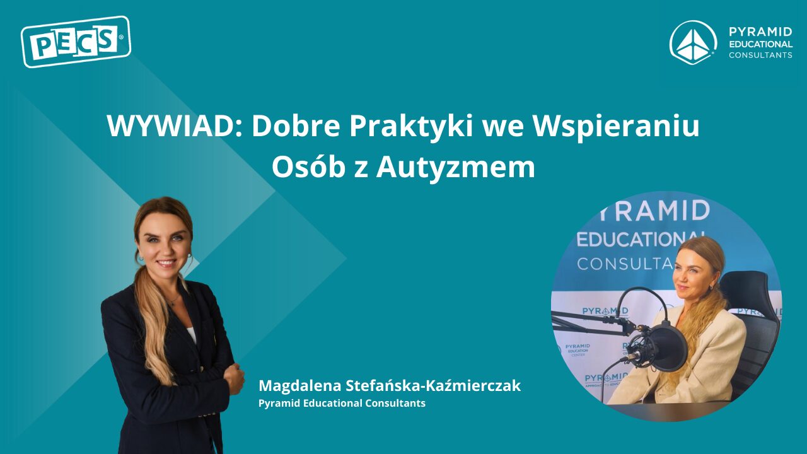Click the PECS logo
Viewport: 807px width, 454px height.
(76, 42)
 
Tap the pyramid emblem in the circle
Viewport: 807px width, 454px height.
(693, 43)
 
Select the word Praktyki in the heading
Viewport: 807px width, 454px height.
(410, 126)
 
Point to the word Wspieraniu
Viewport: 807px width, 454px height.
(616, 127)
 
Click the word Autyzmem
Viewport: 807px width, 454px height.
(456, 168)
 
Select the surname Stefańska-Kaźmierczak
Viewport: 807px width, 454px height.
(433, 385)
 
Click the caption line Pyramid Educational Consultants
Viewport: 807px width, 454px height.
(342, 403)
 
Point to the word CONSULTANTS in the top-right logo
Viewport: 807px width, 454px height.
(760, 55)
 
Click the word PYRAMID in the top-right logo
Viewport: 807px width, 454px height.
(760, 32)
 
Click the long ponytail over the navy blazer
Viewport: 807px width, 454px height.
(153, 324)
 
